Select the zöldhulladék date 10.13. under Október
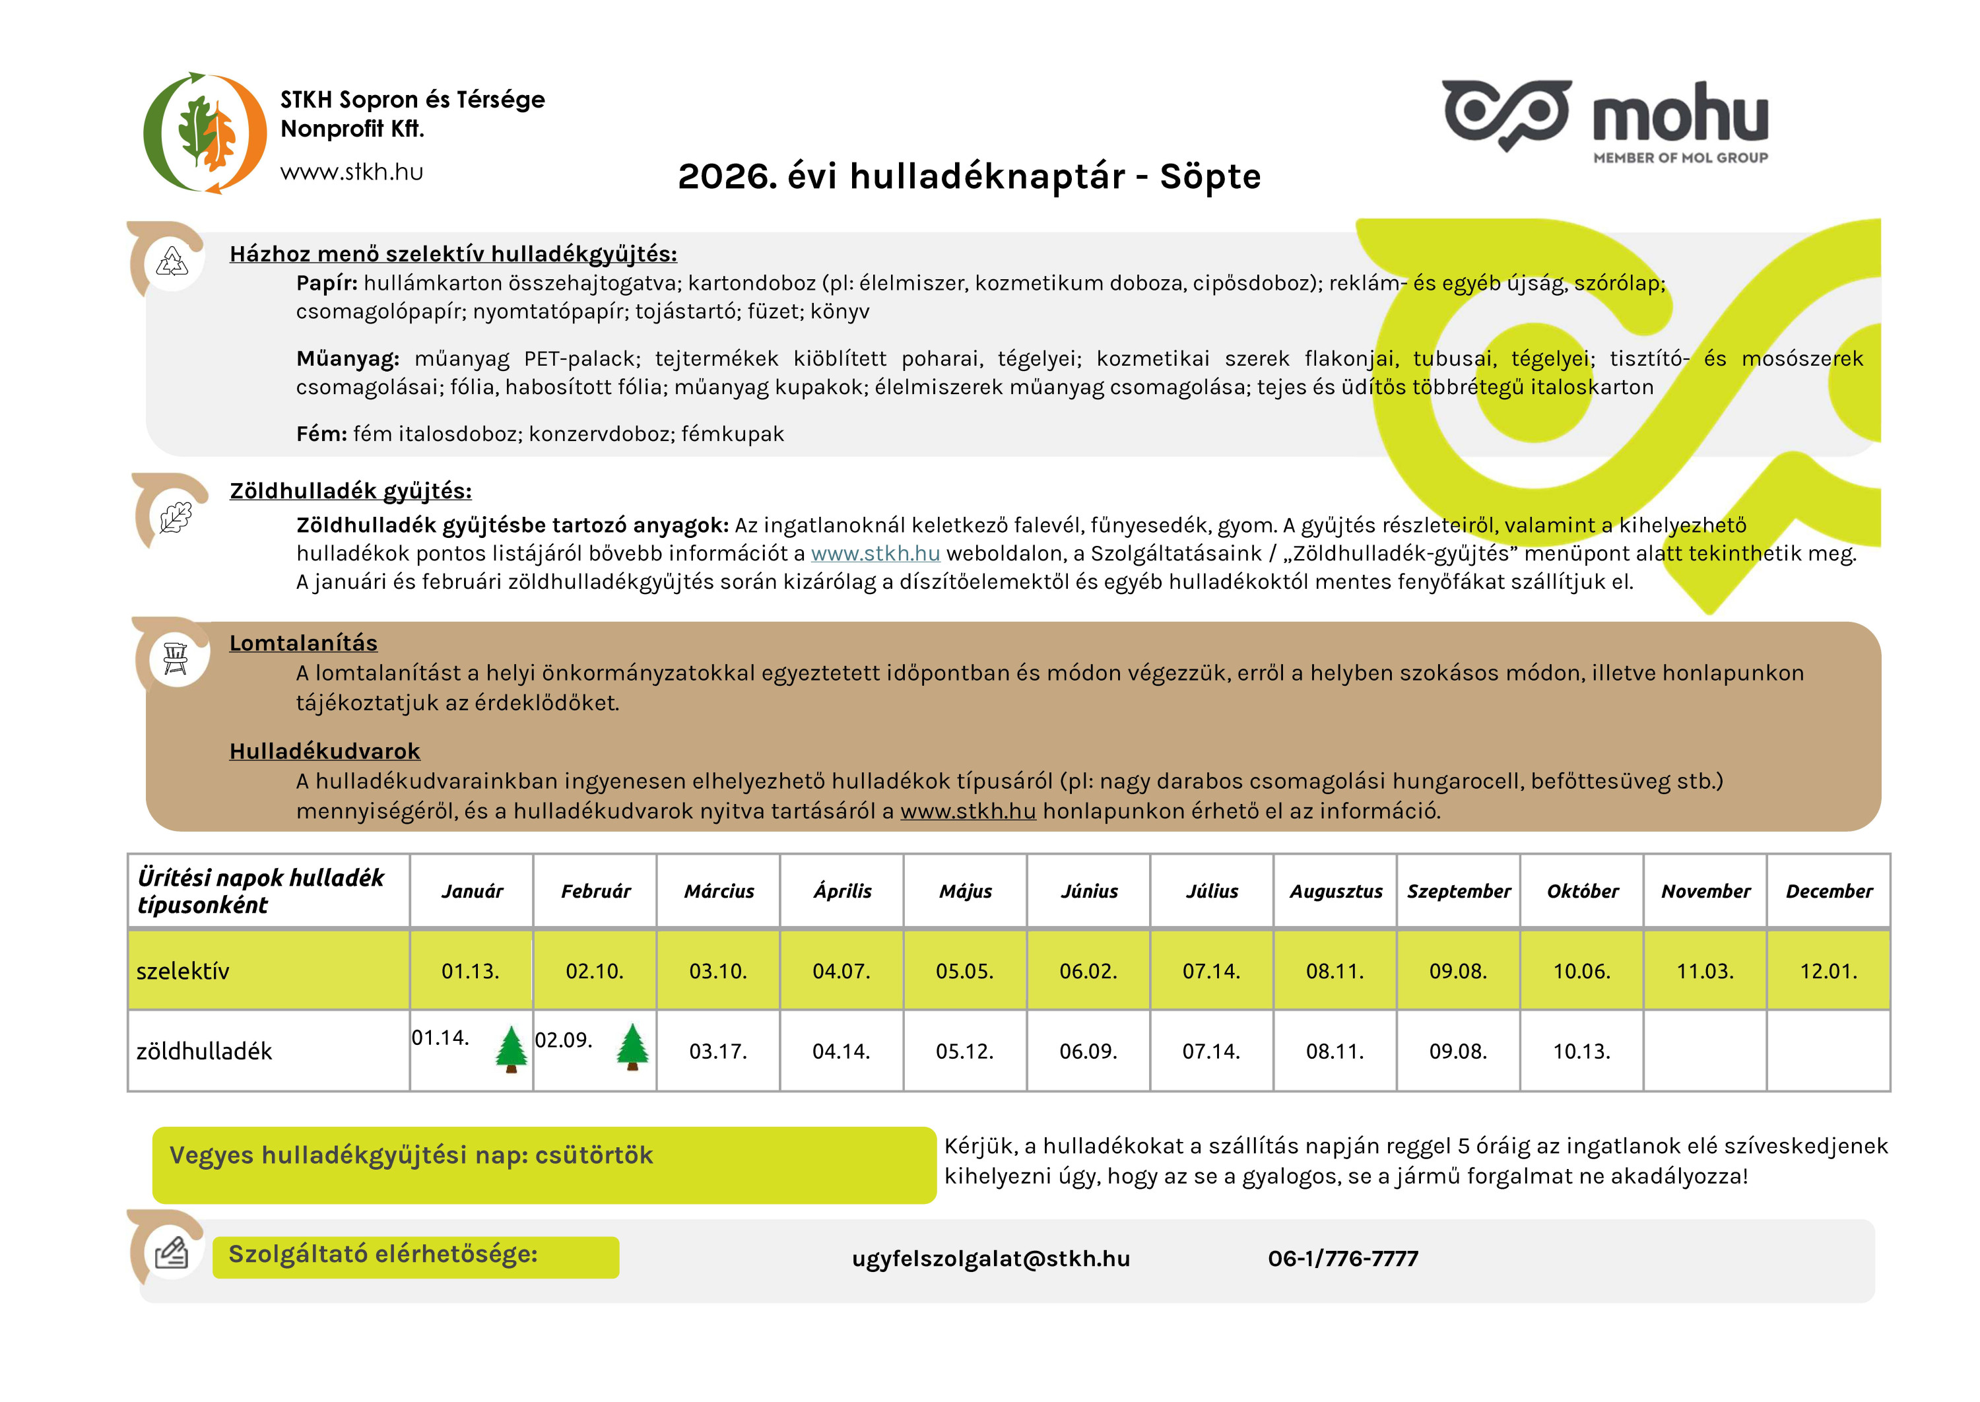[x=1581, y=1051]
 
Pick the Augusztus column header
[x=1335, y=891]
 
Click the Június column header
[x=1088, y=891]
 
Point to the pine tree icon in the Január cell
[x=511, y=1049]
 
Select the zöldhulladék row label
[x=204, y=1051]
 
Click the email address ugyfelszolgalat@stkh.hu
[x=990, y=1259]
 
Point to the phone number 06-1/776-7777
[x=1342, y=1259]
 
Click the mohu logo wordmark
[x=1680, y=115]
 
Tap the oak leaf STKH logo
[x=205, y=133]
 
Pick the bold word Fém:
[x=321, y=434]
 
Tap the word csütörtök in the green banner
[x=594, y=1155]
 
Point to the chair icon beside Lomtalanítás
[x=175, y=659]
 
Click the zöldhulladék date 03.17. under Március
[x=717, y=1051]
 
